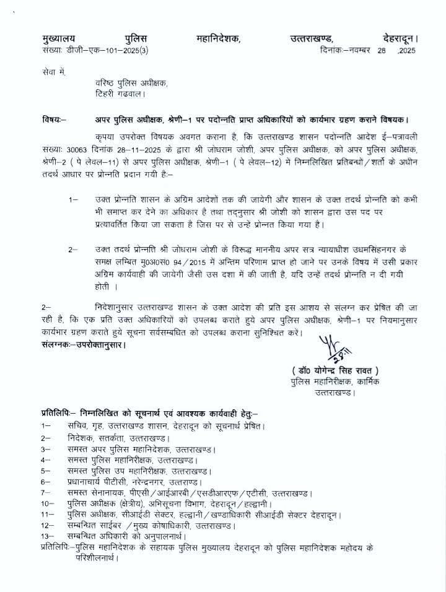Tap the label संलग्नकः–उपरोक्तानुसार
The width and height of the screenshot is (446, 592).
coord(80,344)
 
